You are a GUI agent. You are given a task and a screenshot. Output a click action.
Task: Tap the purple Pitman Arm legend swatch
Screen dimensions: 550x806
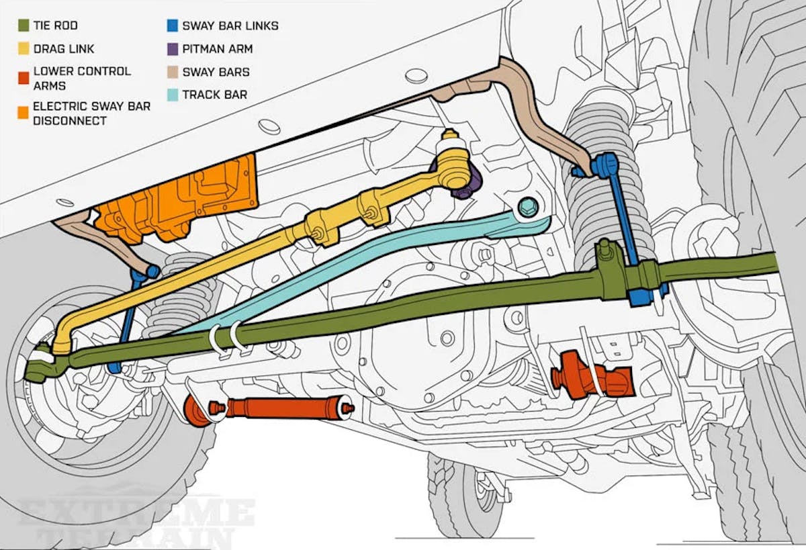[x=173, y=49]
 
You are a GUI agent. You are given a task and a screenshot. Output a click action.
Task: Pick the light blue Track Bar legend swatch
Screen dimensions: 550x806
[x=173, y=95]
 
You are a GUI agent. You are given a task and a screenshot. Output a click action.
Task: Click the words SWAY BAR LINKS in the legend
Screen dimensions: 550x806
[x=230, y=26]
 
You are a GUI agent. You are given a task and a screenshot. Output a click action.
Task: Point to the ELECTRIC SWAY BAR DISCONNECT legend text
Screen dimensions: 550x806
[x=91, y=113]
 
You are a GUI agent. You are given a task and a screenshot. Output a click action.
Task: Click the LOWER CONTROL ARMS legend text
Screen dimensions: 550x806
[x=81, y=78]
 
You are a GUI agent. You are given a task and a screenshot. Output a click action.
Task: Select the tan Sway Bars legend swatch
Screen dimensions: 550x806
[x=173, y=72]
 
